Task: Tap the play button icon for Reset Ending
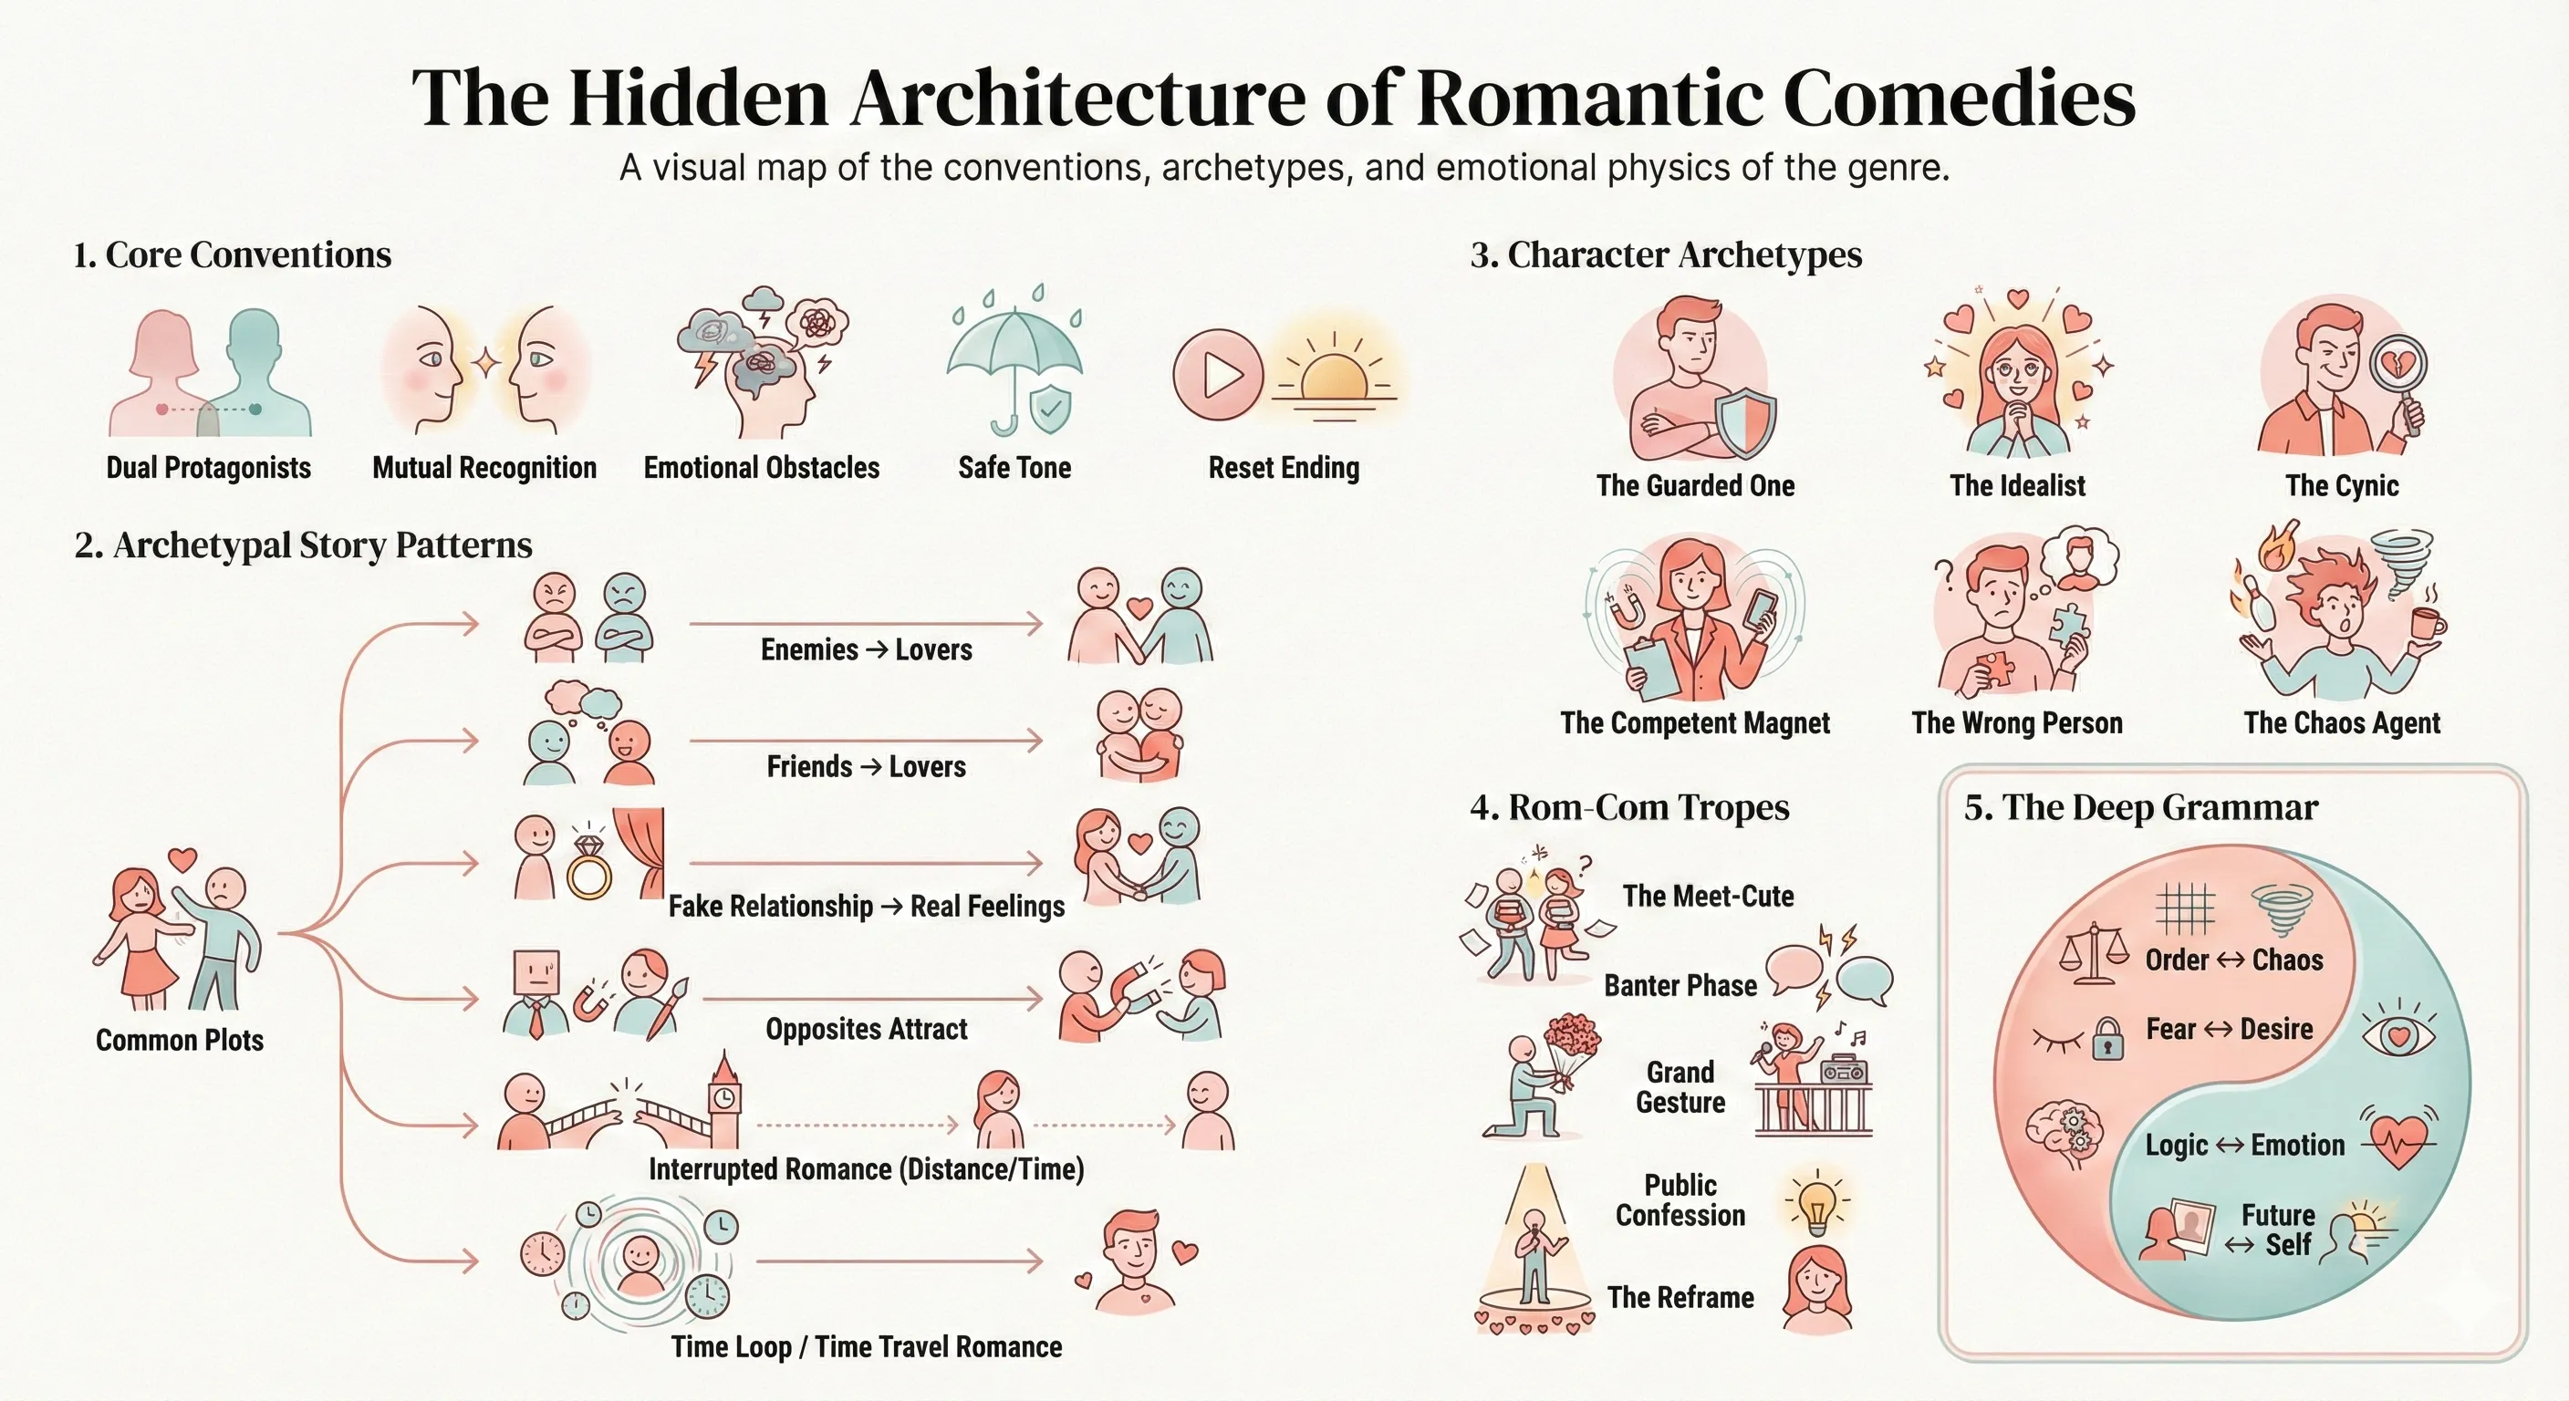click(x=1219, y=375)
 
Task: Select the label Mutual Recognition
click(x=484, y=468)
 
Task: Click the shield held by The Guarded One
click(x=1745, y=423)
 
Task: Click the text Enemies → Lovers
click(x=866, y=650)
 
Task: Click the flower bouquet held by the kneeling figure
click(x=1571, y=1049)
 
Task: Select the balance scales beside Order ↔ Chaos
click(x=2094, y=953)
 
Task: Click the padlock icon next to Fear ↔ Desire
click(x=2106, y=1039)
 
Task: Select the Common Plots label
click(x=180, y=1040)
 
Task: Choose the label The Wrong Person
click(x=2016, y=723)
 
